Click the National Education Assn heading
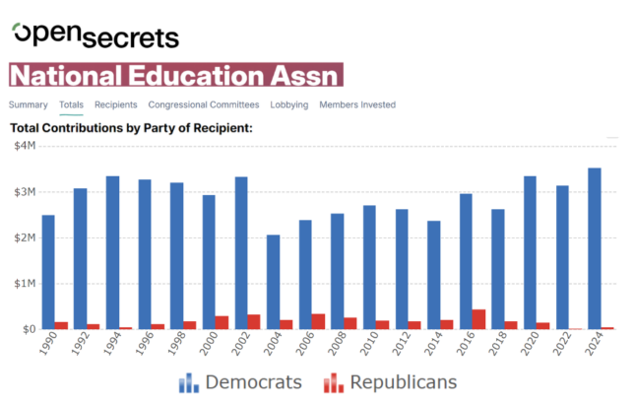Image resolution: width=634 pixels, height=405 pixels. (177, 76)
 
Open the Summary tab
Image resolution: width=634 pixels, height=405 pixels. (29, 104)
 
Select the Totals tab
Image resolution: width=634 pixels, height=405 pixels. (71, 104)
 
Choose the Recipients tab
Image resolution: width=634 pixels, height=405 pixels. (115, 104)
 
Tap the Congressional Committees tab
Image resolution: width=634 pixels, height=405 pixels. (204, 104)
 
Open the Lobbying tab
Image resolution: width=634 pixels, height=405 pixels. (289, 104)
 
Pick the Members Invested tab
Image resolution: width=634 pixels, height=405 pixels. (357, 104)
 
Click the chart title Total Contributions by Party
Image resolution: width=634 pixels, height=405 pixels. (131, 128)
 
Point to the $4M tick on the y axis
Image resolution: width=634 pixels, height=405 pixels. (24, 146)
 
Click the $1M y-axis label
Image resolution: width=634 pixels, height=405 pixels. (24, 284)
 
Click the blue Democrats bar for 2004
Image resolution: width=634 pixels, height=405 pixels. (273, 282)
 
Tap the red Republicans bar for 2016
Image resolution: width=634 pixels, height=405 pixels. (478, 319)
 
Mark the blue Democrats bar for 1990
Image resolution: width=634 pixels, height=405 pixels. (48, 272)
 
